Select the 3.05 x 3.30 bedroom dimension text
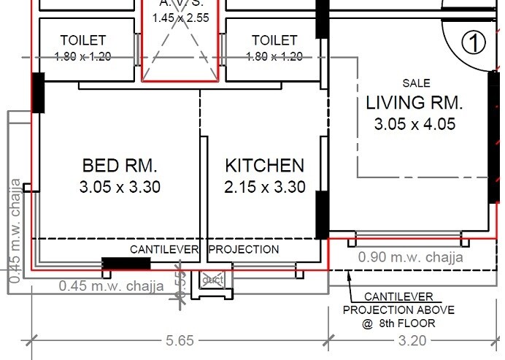120,188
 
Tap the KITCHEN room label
264,165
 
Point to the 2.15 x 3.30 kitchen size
264,188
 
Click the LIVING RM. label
415,102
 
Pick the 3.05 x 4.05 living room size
415,125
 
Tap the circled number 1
474,43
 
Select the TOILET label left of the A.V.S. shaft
83,40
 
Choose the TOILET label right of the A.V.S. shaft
274,40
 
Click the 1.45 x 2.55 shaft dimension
180,17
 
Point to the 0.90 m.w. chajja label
410,257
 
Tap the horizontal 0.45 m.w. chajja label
111,286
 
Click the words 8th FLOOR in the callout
407,322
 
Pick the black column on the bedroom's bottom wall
126,264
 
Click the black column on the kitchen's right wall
321,215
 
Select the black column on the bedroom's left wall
38,93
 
